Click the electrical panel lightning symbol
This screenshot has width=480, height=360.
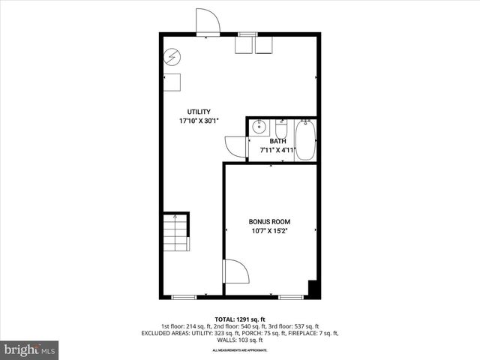pyautogui.click(x=172, y=57)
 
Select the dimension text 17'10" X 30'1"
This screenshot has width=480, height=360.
pyautogui.click(x=199, y=121)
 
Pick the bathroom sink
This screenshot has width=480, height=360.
pyautogui.click(x=259, y=127)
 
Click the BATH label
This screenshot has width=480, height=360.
pyautogui.click(x=277, y=141)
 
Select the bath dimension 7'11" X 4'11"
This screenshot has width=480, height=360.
pyautogui.click(x=277, y=150)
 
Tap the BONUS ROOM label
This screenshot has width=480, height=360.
pyautogui.click(x=269, y=222)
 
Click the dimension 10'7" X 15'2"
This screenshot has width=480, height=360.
pyautogui.click(x=269, y=231)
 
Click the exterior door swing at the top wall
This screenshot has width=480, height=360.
pyautogui.click(x=206, y=21)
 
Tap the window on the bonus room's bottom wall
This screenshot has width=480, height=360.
pyautogui.click(x=291, y=298)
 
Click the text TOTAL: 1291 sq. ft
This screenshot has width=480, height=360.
pyautogui.click(x=239, y=318)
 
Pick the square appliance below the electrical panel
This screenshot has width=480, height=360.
pyautogui.click(x=172, y=82)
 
